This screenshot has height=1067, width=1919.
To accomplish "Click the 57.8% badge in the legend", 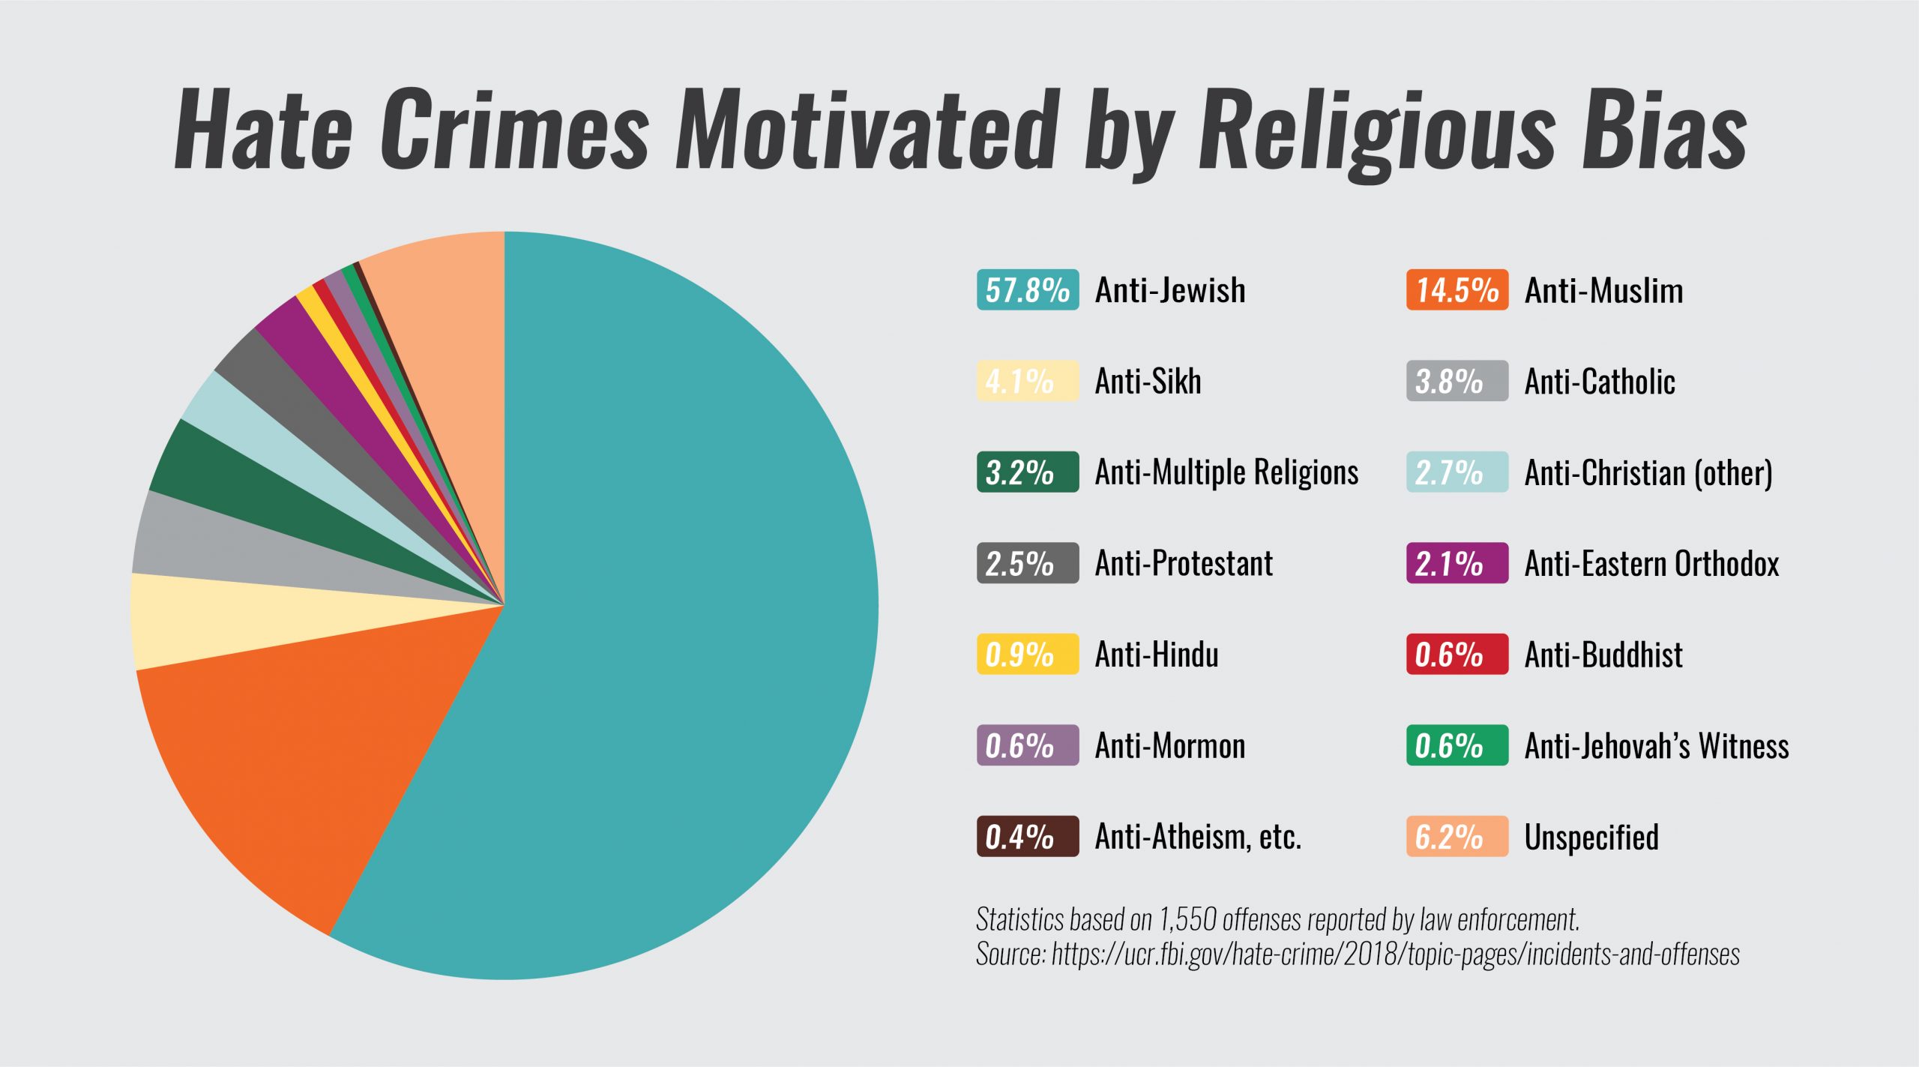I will [1027, 289].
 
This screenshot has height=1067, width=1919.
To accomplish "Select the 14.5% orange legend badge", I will [1456, 289].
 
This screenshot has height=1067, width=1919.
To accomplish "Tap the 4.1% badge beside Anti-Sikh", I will [1027, 381].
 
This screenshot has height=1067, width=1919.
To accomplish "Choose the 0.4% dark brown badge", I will [1027, 836].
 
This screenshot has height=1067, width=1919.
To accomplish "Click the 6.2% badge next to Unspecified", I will [1456, 836].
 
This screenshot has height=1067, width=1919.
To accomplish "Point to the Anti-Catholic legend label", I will [1600, 382].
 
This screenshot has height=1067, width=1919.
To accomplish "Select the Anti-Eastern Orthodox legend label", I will [1651, 563].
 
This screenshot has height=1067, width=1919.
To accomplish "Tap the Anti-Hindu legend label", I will [1157, 655].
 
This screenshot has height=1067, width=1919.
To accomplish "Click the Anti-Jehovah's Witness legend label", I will [1657, 745].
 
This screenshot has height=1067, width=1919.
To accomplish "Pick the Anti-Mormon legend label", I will [1170, 745].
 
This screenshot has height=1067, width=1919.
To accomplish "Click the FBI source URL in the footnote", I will [1395, 954].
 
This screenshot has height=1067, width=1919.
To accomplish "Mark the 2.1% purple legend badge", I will [1456, 563].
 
